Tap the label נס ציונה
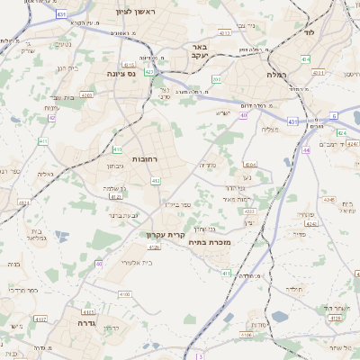click(121, 74)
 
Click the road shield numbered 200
click(217, 79)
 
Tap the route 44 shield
click(306, 149)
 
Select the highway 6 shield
click(333, 116)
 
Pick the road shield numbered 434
click(305, 59)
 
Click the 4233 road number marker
click(249, 212)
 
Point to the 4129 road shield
click(336, 317)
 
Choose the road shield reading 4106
click(247, 336)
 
